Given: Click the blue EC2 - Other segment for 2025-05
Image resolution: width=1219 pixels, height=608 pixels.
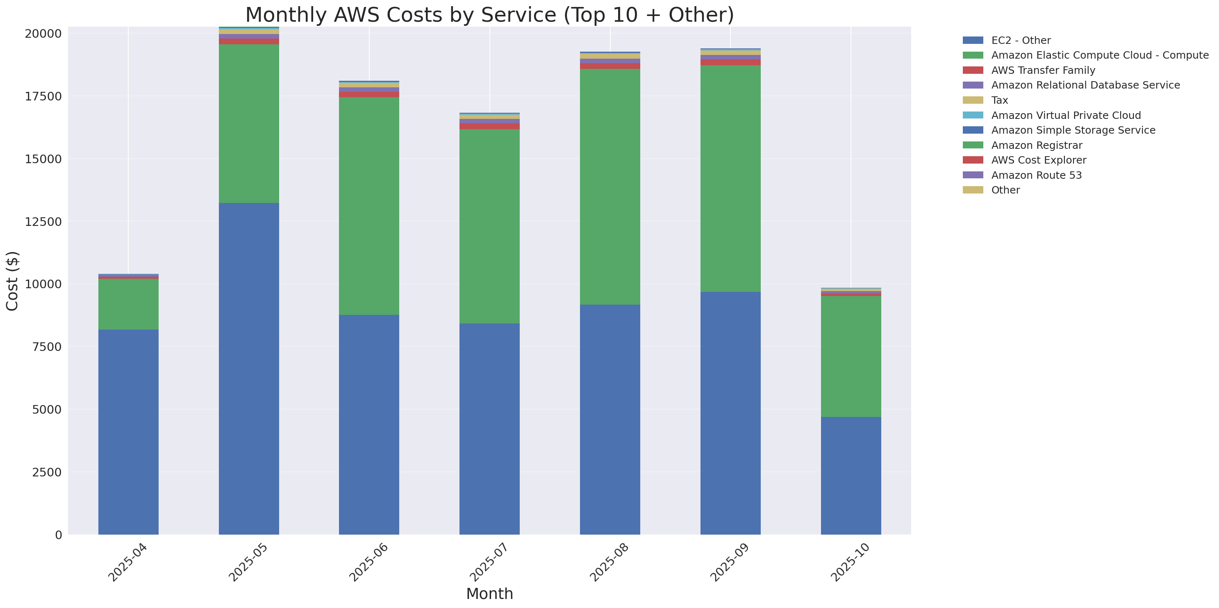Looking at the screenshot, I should pos(248,369).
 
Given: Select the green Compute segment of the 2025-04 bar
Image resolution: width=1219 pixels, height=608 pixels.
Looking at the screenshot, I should pos(128,304).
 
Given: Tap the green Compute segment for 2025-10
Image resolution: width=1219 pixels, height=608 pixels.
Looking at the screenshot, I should pos(851,356).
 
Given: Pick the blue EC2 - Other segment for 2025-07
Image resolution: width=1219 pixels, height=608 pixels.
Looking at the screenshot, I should pos(489,429).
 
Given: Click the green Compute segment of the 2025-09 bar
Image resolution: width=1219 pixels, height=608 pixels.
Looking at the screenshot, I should pos(730,178).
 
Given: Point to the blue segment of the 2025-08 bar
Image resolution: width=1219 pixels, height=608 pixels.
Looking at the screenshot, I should pos(610,419).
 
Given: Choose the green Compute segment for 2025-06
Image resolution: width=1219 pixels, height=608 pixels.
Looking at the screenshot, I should pos(369,206).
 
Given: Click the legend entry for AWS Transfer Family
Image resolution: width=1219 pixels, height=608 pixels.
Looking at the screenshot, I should pos(1043,71).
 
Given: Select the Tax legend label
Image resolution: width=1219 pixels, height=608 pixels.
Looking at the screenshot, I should pos(999,100).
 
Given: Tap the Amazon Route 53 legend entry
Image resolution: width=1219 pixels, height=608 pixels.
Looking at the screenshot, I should pos(1036,175).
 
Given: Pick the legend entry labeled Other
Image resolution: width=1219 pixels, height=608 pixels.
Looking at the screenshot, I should pos(1005,190).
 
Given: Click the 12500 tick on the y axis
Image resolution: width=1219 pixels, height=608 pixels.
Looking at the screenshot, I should pos(43,221).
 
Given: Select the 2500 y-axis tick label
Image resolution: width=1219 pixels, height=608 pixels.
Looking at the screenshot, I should pos(47,472).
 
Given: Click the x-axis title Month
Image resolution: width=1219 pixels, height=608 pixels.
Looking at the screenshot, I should pos(489,594).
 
